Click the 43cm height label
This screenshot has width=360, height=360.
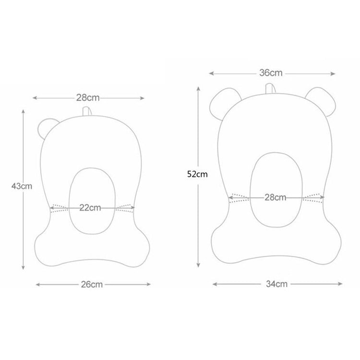click(x=22, y=186)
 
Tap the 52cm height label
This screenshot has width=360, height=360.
click(x=197, y=174)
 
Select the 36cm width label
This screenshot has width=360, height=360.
click(x=271, y=73)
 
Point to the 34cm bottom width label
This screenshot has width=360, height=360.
click(x=277, y=284)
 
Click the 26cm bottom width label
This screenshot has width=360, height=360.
click(x=92, y=285)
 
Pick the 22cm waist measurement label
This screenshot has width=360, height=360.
click(x=90, y=207)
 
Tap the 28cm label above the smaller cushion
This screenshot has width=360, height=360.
click(x=88, y=97)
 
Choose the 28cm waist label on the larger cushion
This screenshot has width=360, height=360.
click(x=276, y=197)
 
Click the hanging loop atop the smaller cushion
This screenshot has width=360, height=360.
click(x=87, y=111)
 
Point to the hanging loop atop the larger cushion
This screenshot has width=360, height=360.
click(x=270, y=89)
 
